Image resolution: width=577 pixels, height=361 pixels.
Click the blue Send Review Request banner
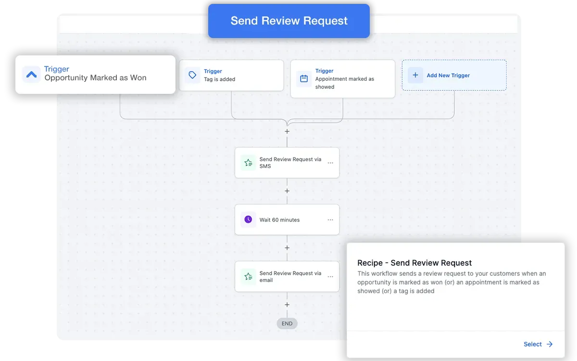pos(289,21)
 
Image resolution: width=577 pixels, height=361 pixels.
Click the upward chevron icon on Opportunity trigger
pos(31,75)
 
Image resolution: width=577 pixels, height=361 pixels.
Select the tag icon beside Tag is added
pos(192,75)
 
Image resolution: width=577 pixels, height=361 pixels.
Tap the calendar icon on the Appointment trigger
pos(304,78)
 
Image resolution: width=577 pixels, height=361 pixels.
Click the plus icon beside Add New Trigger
pos(415,75)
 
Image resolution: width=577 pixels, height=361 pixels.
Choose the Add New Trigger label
pos(448,75)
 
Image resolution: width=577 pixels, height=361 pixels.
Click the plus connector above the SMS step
pos(287,131)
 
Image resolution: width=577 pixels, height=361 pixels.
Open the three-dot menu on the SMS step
pos(330,163)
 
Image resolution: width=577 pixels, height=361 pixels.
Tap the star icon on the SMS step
pos(248,163)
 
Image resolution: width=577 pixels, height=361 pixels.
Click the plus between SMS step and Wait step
pos(287,191)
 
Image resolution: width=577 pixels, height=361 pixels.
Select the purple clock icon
pos(248,219)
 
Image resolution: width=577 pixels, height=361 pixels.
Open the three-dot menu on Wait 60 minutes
pos(330,219)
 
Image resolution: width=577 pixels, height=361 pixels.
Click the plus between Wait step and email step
pos(287,248)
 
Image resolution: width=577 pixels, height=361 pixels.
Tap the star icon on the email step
pos(248,276)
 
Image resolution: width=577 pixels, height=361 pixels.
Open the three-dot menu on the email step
pos(330,277)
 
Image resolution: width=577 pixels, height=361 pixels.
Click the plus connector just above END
pos(287,305)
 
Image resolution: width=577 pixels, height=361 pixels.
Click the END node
pos(287,323)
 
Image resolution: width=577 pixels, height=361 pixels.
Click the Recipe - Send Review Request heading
pos(414,263)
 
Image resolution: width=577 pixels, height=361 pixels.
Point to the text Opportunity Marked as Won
pos(95,77)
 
